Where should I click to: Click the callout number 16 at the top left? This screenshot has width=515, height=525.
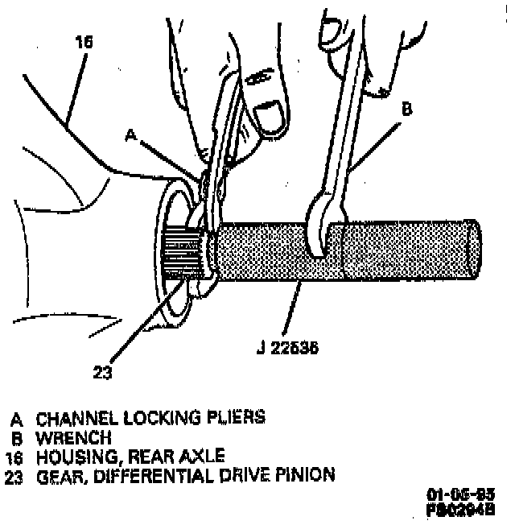click(x=83, y=41)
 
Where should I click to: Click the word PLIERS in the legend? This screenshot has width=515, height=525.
click(x=238, y=418)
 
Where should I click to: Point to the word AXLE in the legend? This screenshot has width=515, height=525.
click(x=203, y=456)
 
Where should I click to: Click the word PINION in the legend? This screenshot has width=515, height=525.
click(x=306, y=475)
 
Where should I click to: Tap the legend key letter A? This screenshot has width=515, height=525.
click(x=16, y=418)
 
